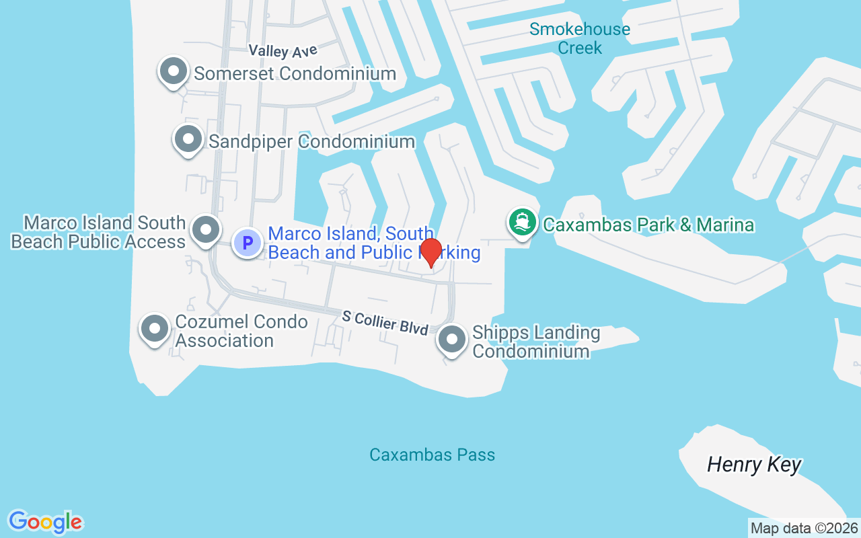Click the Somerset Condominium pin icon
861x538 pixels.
(174, 71)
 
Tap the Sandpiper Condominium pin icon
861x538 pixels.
(188, 139)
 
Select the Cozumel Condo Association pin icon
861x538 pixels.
(155, 329)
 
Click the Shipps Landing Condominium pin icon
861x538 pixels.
(452, 340)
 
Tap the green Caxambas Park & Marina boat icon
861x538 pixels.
(522, 222)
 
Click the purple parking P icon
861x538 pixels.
(248, 242)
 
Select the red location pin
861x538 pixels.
(430, 252)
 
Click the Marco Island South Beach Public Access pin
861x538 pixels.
(206, 230)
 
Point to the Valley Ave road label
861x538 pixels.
(283, 50)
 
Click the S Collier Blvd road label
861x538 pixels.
(385, 323)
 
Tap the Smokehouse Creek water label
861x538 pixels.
(580, 38)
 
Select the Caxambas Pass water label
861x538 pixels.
(433, 455)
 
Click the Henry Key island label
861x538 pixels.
(754, 465)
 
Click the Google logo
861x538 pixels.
(45, 522)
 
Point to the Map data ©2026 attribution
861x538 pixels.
(804, 528)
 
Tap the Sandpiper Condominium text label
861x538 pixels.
(311, 141)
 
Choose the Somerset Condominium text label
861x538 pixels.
(295, 73)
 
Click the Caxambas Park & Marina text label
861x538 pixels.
(648, 225)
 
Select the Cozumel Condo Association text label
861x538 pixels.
(241, 331)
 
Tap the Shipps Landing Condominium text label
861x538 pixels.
(536, 342)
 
